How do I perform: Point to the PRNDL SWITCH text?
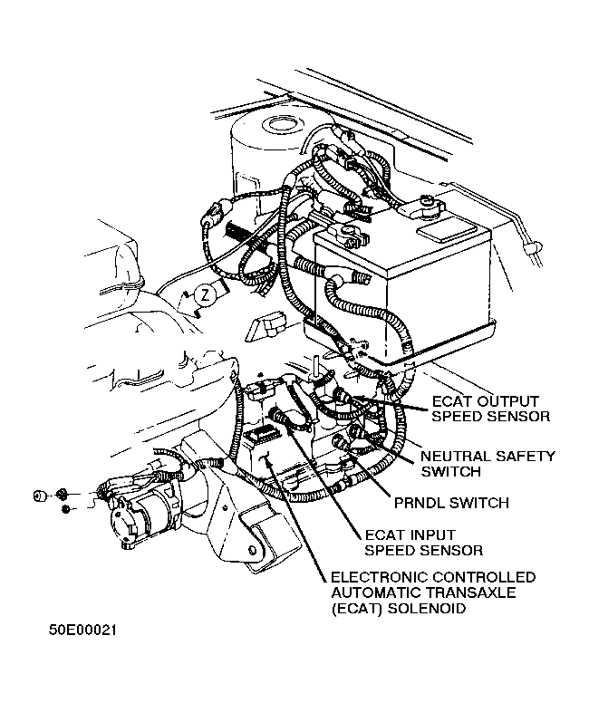[x=451, y=502]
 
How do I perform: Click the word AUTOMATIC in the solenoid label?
[x=374, y=593]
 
